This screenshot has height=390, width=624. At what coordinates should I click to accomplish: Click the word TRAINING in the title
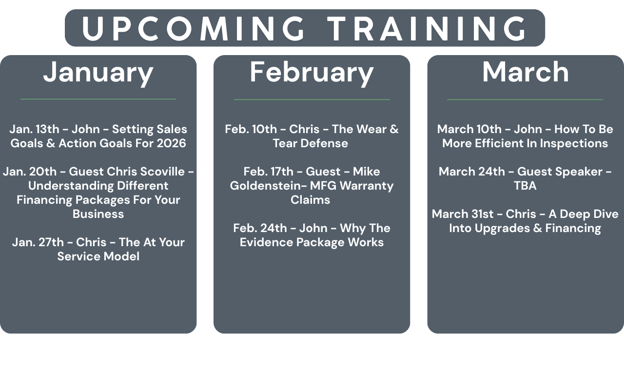426,28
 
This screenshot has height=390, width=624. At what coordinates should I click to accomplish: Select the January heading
98,73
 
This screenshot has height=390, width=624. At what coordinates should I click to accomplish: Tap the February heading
312,73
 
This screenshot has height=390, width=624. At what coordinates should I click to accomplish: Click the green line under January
98,99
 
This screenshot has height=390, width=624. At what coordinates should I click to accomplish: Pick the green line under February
312,99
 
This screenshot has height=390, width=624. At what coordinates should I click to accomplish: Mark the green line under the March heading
525,99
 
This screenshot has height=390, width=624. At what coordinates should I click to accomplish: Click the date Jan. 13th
35,129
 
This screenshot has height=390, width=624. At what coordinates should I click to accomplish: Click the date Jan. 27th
38,242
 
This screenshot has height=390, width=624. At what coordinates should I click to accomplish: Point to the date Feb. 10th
251,129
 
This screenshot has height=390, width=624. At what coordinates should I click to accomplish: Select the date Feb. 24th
260,228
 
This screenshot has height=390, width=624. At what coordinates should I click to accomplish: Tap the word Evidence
266,242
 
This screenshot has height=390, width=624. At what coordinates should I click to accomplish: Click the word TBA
525,186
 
